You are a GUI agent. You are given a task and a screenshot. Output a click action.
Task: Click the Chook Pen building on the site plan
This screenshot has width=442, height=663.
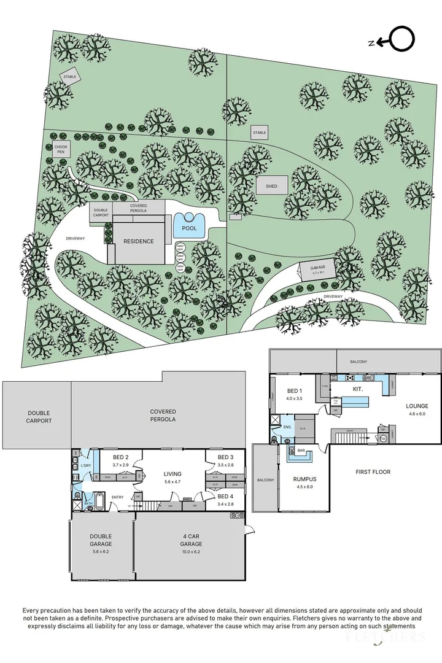(x=60, y=149)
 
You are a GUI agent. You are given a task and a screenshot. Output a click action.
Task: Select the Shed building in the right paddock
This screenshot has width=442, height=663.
(x=271, y=186)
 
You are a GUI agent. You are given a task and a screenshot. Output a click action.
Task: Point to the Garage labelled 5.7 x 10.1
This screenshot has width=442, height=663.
(x=317, y=268)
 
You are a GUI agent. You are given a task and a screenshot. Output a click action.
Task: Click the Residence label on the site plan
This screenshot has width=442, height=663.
(x=138, y=241)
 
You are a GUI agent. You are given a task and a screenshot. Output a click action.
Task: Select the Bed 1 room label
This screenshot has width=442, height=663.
(x=294, y=394)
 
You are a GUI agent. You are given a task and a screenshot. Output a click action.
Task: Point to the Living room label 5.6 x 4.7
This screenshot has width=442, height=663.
(x=172, y=477)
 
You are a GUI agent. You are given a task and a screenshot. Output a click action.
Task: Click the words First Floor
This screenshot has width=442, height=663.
(x=373, y=472)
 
